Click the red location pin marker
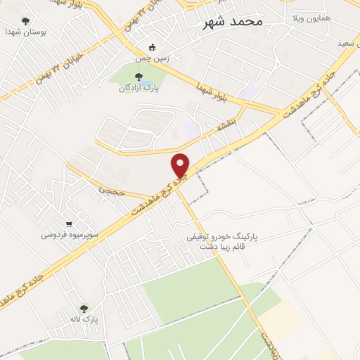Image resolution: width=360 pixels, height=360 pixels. coord(181,166)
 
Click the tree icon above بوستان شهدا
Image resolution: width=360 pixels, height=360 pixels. coord(26,21)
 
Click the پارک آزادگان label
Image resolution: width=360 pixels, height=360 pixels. coord(137,89)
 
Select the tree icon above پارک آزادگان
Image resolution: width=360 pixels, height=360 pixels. coord(138,77)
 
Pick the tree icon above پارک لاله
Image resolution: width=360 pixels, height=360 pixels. coord(84,308)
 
